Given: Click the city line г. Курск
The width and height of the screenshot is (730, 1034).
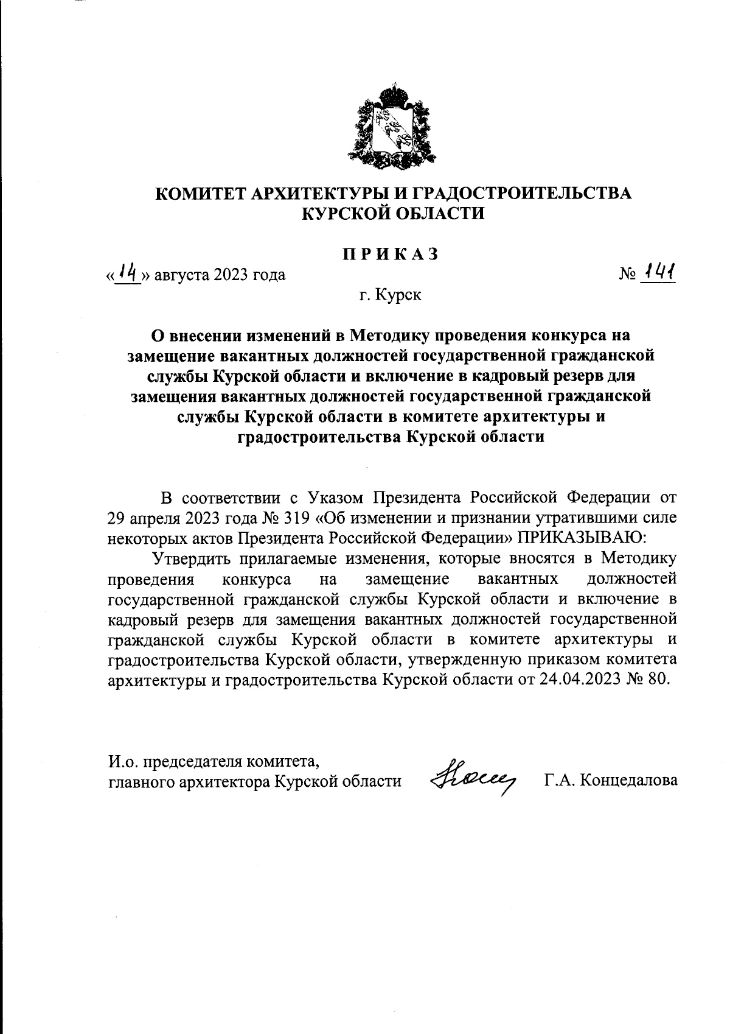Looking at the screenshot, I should pyautogui.click(x=390, y=296).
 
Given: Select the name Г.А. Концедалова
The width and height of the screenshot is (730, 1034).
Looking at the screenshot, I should pyautogui.click(x=611, y=780).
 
